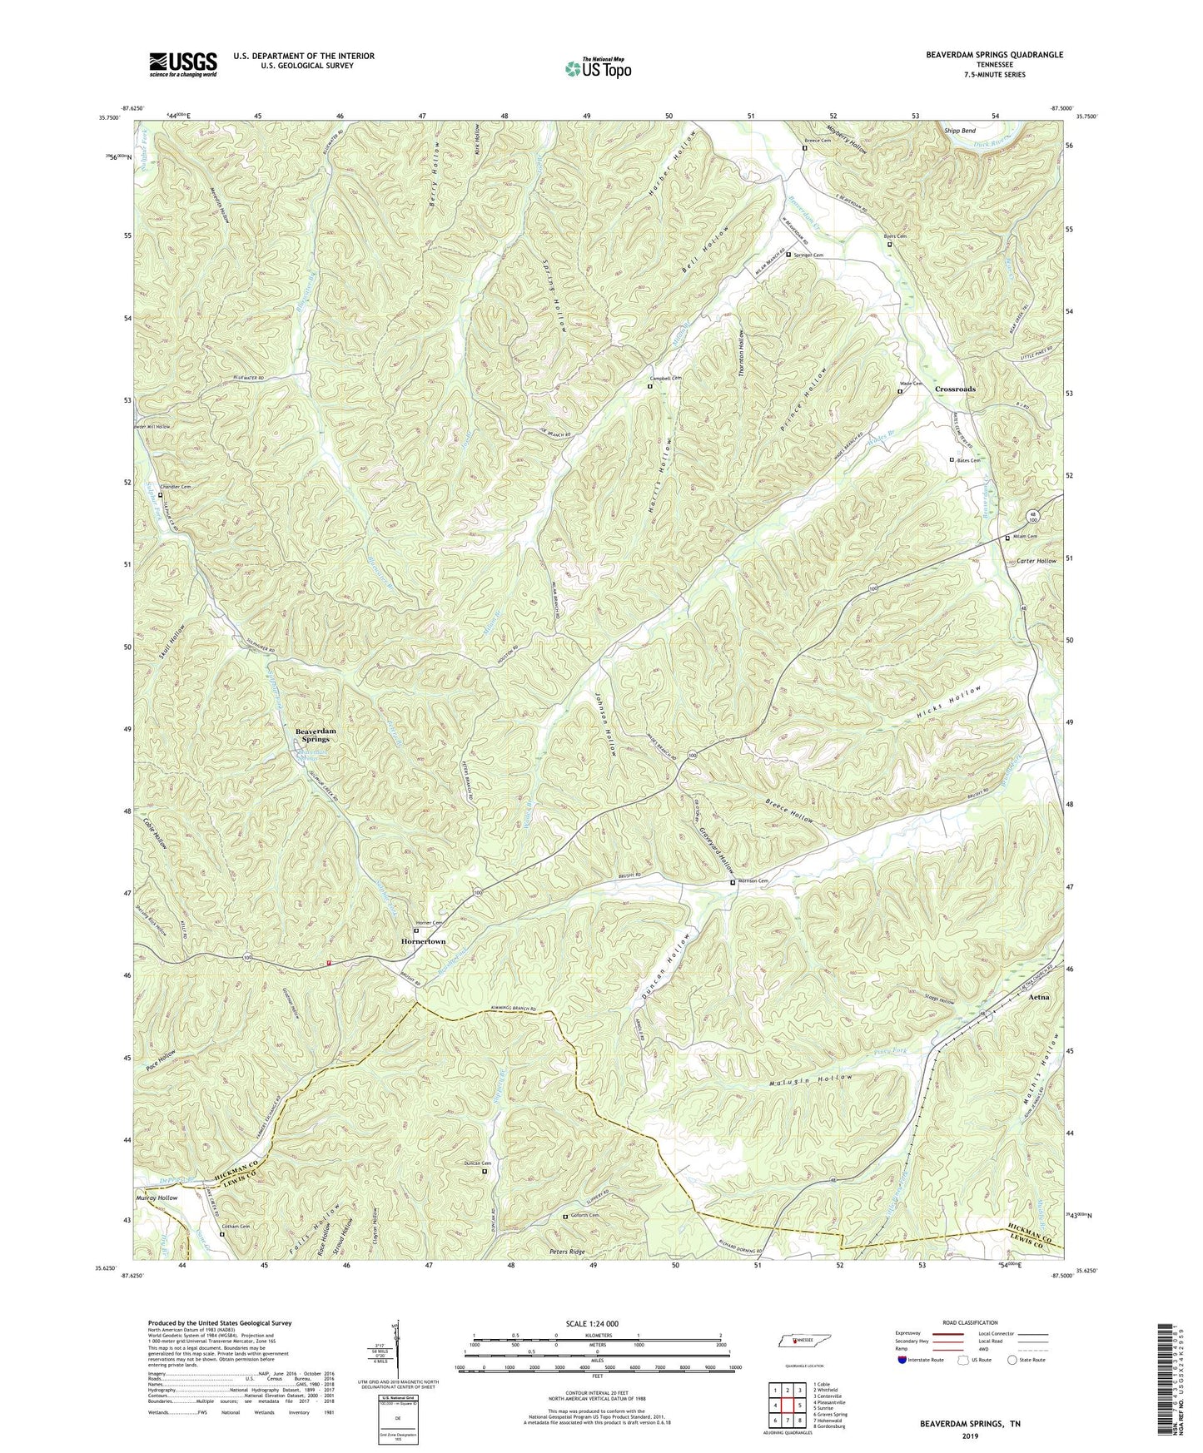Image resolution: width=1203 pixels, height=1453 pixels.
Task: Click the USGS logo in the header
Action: (183, 63)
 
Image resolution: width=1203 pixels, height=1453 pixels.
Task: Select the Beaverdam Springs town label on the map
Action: (316, 735)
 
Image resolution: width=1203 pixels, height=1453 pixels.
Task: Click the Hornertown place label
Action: (423, 941)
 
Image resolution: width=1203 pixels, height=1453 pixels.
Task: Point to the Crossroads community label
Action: (955, 389)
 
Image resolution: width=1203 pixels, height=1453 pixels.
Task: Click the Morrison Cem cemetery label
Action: (751, 881)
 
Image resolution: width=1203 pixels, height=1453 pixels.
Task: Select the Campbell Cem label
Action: (669, 378)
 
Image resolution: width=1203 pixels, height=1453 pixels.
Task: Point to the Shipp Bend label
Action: (959, 131)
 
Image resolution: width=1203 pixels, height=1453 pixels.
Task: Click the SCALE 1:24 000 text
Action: (594, 1324)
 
